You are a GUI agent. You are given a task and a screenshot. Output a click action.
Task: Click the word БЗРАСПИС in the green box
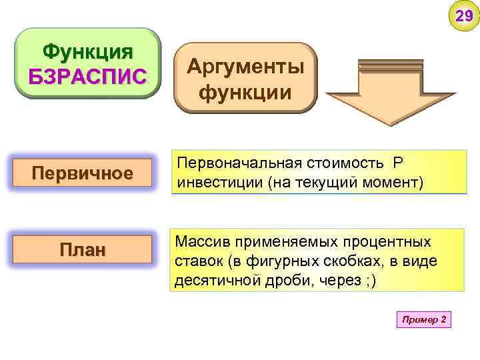(x=88, y=76)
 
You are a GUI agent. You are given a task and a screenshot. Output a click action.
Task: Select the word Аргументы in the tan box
(x=245, y=66)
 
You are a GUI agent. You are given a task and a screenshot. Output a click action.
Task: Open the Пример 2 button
(x=424, y=320)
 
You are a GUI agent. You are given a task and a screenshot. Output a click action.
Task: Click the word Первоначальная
(x=239, y=164)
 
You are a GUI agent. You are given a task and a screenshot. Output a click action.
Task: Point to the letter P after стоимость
(x=398, y=164)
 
